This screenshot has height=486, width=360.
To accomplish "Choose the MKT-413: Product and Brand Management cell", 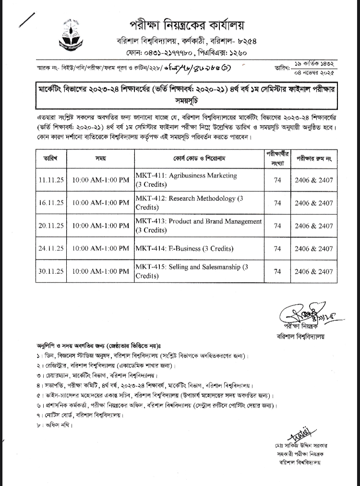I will coord(199,225).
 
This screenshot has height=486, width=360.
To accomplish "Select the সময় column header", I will coord(100,158).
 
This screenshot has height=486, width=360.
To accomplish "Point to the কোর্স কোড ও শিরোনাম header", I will coord(199,158).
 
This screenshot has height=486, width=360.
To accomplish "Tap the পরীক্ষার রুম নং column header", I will coord(313,158).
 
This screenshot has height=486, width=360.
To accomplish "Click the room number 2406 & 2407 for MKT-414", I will coord(313,249).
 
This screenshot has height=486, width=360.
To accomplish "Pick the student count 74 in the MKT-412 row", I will coord(277,203).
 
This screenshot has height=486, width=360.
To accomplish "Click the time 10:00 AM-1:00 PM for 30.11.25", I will coord(100,271).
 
